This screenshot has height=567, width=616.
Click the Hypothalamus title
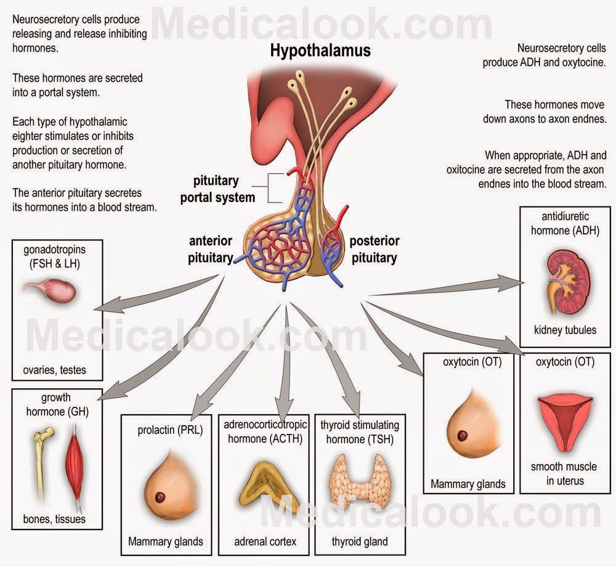coord(320,51)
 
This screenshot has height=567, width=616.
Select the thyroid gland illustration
coord(359,481)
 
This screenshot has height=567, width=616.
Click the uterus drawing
coord(565,419)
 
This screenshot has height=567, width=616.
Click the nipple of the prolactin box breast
coord(161,497)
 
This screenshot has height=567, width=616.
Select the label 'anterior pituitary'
coord(210,248)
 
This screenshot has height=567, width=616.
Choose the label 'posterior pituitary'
coord(375,248)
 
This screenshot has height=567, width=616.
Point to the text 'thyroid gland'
coord(359,542)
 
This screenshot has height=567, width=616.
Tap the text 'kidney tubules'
coord(565,330)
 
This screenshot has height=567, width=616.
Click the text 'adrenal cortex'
coord(265,542)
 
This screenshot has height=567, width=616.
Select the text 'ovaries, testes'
coord(55,370)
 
